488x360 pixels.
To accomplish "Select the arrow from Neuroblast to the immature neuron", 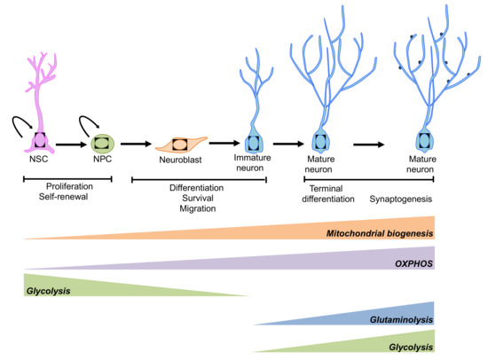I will pos(225,142).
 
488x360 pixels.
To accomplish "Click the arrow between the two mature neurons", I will pos(372,140).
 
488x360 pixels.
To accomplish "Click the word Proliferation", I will pos(67,188).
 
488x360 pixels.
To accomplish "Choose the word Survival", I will pos(199,200).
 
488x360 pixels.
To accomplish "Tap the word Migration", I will pos(199,211).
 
